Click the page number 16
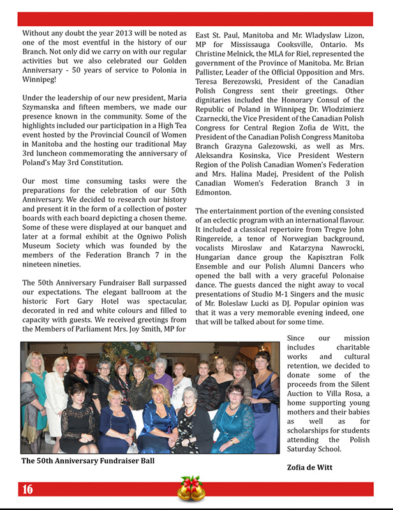[x=27, y=490]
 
